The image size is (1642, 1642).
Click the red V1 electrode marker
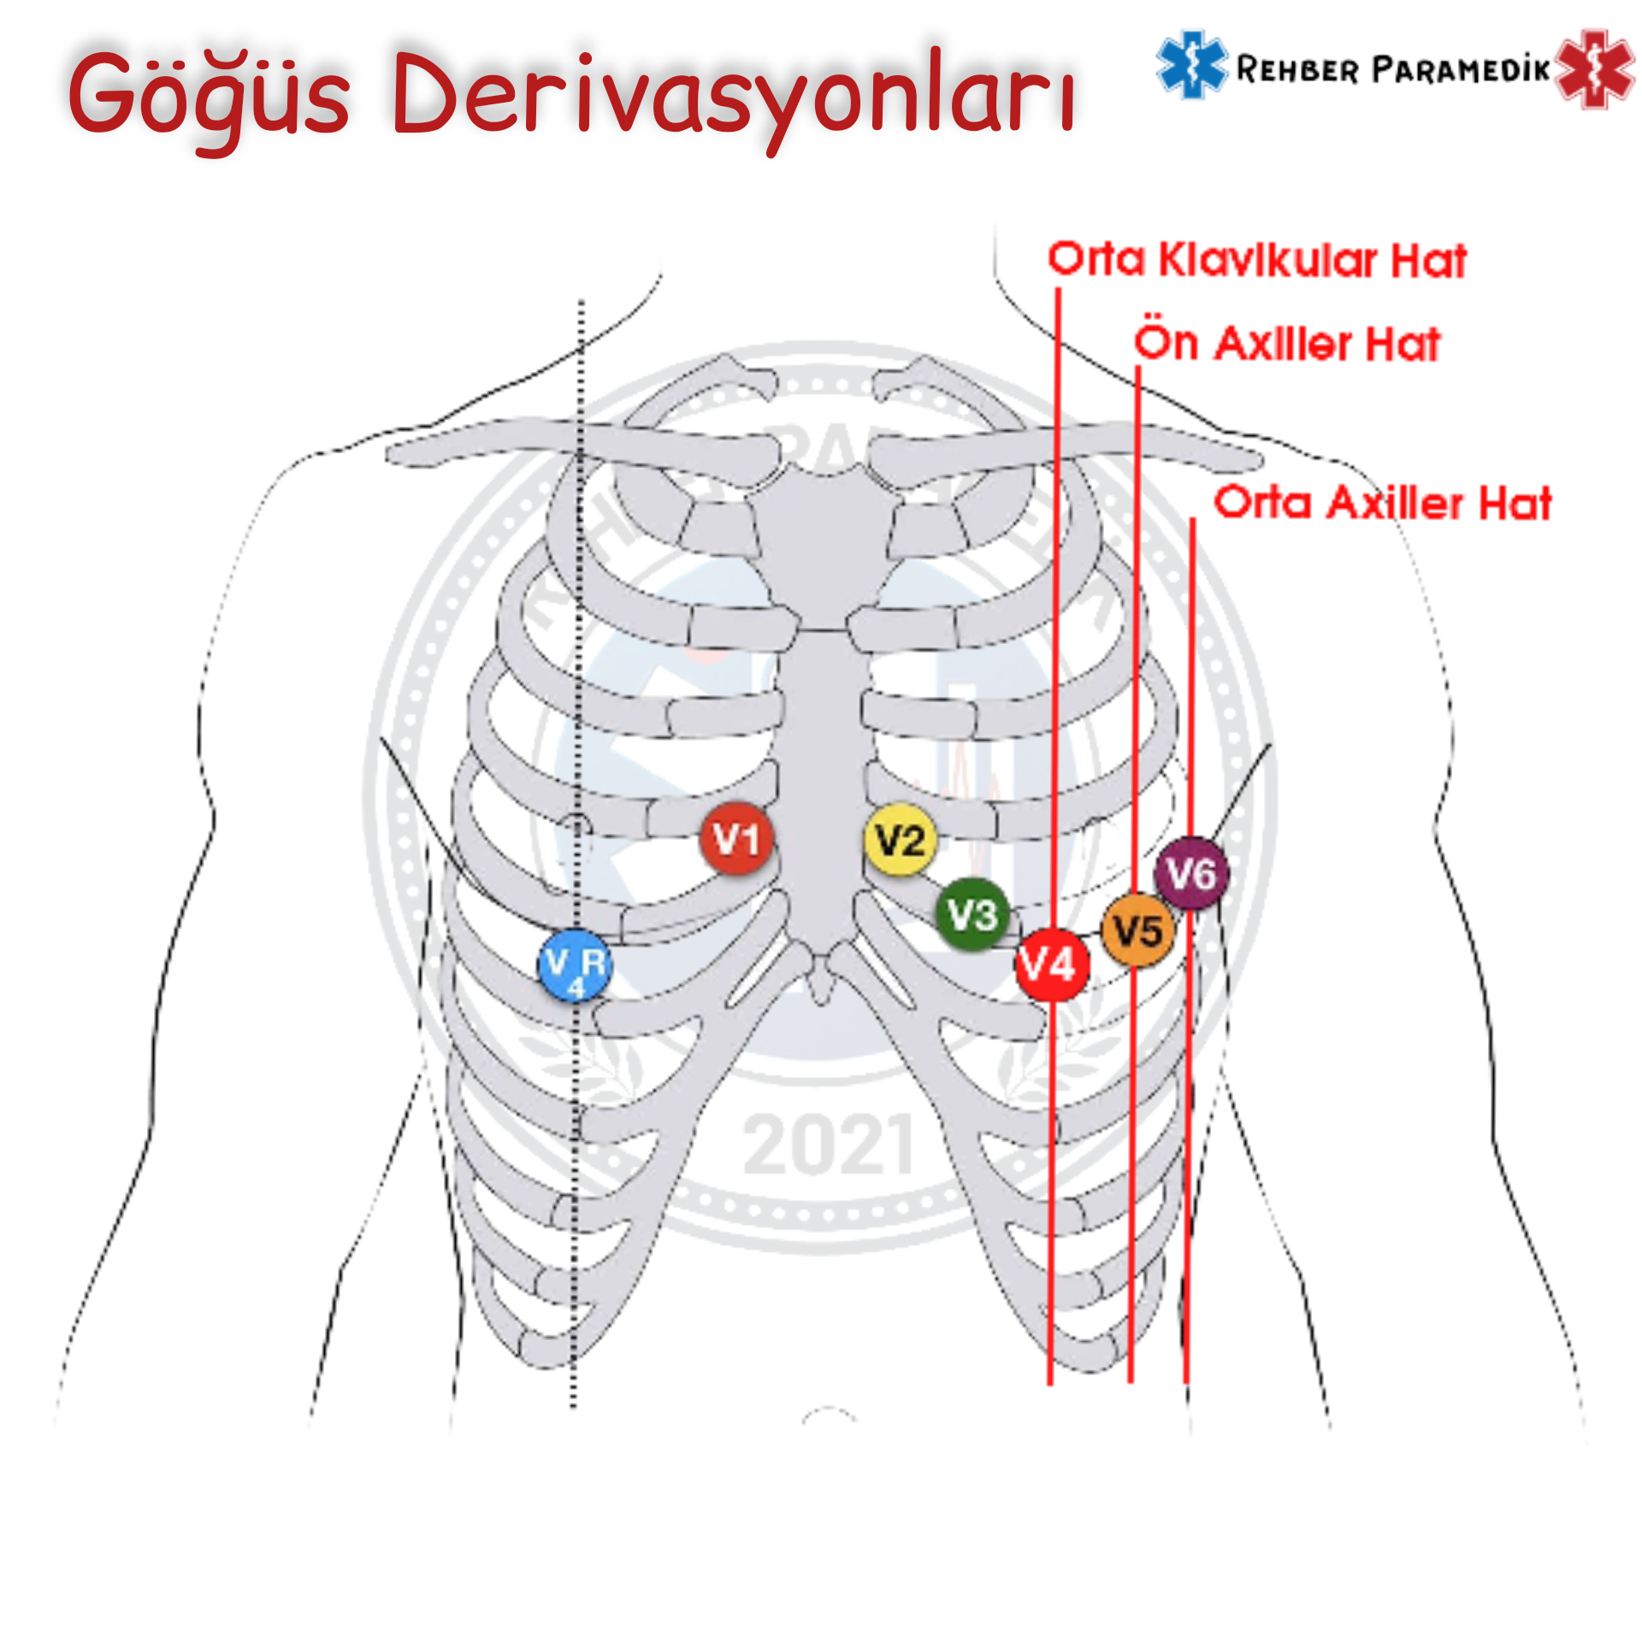tap(736, 839)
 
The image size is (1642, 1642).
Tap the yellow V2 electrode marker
tap(900, 839)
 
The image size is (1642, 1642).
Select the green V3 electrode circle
tap(972, 913)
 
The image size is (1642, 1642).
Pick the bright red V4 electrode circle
tap(1050, 964)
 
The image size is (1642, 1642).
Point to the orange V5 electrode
tap(1137, 930)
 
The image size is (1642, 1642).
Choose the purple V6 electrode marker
tap(1191, 873)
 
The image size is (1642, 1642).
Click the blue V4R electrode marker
tap(576, 965)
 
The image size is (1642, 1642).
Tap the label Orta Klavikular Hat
tap(1257, 260)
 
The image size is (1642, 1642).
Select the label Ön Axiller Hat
tap(1287, 344)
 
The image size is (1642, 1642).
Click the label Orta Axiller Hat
tap(1382, 503)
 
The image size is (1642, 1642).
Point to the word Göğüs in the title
tap(210, 94)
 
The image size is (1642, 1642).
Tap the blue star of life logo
tap(1190, 65)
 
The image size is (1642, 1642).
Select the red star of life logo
tap(1594, 68)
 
